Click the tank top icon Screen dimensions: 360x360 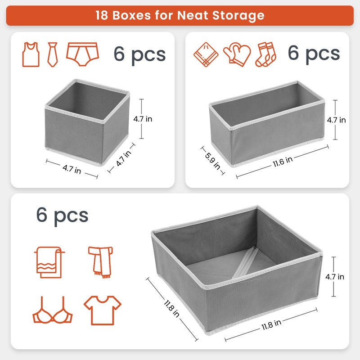click(x=31, y=54)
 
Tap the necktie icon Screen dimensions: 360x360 click(x=53, y=54)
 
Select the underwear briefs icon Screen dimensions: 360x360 click(x=82, y=54)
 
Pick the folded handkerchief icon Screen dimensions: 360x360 click(x=206, y=54)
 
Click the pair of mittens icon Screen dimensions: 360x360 click(x=237, y=54)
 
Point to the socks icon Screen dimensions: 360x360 click(x=266, y=54)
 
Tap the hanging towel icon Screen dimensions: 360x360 click(x=49, y=262)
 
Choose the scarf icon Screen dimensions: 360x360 click(x=100, y=262)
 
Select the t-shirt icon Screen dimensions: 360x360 click(x=103, y=310)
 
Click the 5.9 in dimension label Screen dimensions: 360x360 click(x=212, y=161)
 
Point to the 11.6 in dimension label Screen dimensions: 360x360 click(x=283, y=162)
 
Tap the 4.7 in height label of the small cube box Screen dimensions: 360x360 click(x=143, y=119)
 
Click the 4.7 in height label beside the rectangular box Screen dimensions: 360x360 click(x=336, y=120)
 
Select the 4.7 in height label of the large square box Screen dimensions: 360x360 click(x=335, y=277)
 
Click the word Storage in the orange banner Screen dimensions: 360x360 click(x=238, y=15)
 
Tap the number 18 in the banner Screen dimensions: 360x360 click(x=102, y=15)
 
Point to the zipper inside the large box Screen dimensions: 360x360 click(x=245, y=263)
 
